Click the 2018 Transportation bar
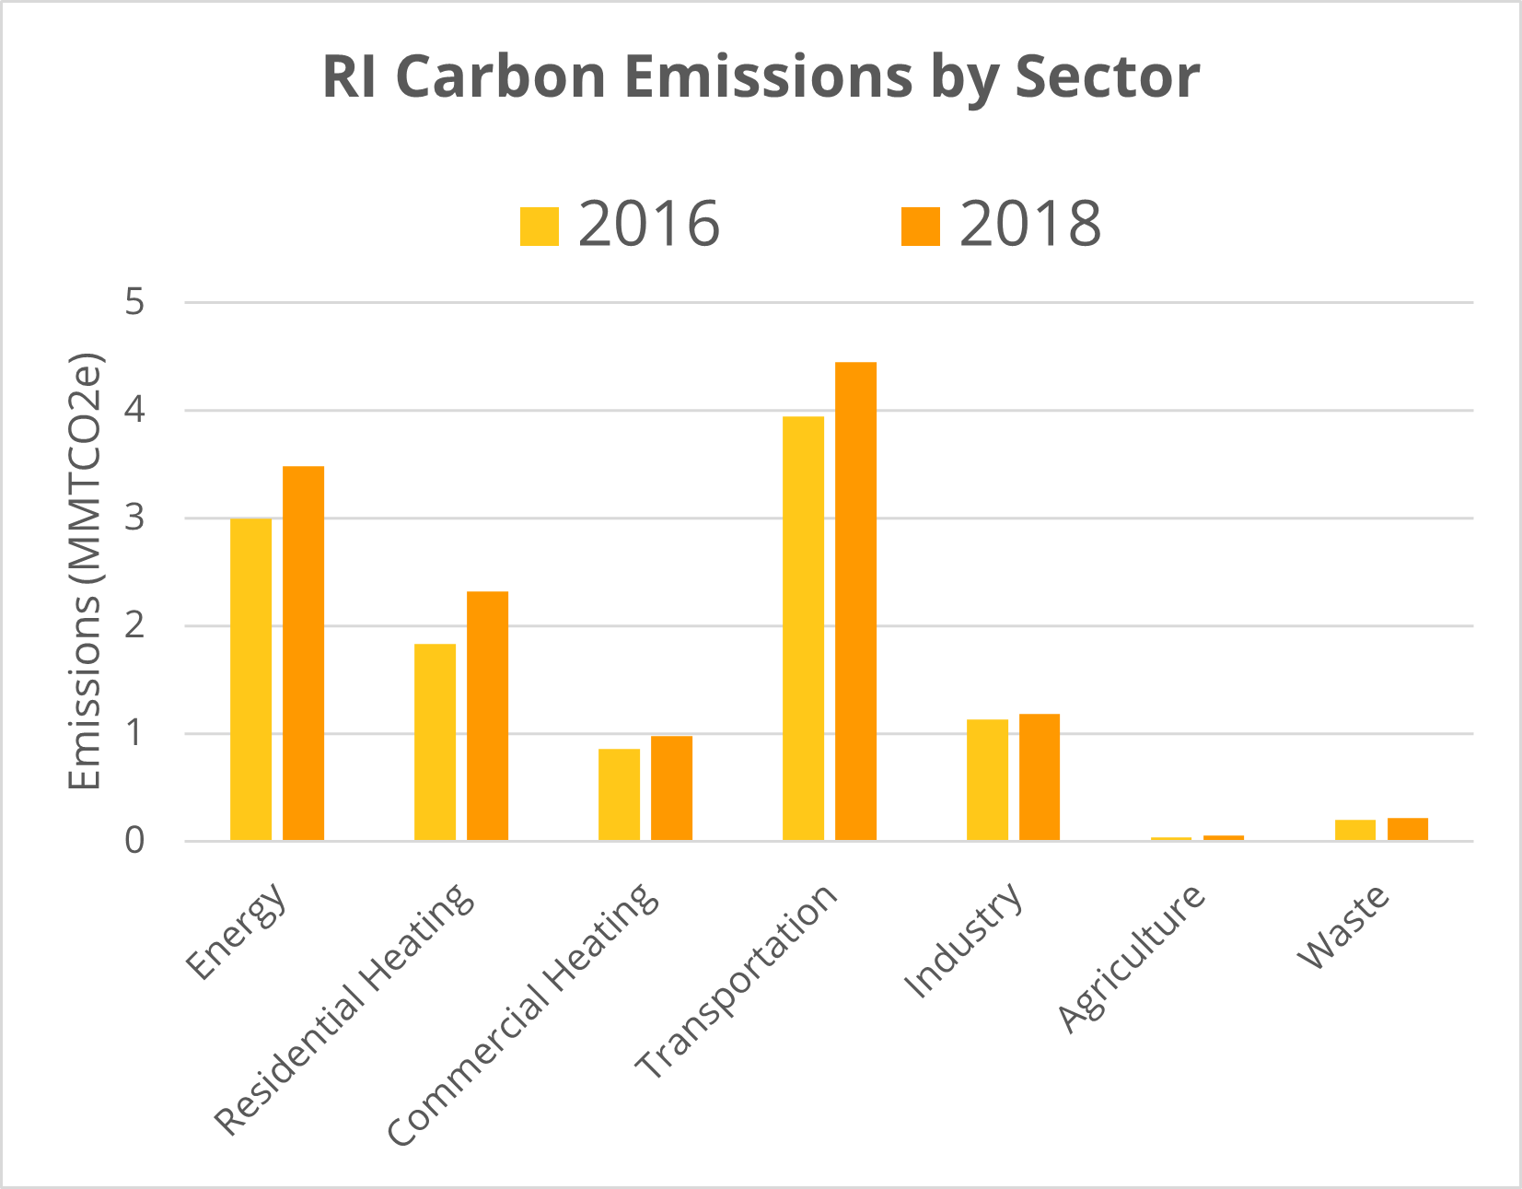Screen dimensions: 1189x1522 coord(855,600)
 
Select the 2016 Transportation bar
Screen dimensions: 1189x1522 coord(803,628)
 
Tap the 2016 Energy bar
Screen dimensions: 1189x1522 coord(250,680)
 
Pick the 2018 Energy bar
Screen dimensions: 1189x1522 coord(303,653)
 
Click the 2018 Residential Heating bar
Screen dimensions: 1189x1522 coord(487,716)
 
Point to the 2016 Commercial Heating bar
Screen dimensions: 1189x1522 coord(619,794)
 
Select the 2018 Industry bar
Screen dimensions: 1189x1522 coord(1040,777)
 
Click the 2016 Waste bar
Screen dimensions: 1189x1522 coord(1355,830)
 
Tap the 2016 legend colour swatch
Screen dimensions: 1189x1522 coord(540,227)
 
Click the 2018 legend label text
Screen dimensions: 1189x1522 coord(1029,224)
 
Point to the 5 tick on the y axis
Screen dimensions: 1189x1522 coord(135,301)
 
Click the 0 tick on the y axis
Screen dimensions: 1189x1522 coord(135,840)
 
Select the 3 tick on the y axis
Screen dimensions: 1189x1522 coord(135,518)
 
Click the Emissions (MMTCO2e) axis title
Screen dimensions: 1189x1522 coord(85,571)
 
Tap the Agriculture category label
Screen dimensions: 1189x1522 coord(1131,958)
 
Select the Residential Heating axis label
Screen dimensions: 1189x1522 coord(344,1008)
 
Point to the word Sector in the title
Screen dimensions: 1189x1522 coord(1107,76)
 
